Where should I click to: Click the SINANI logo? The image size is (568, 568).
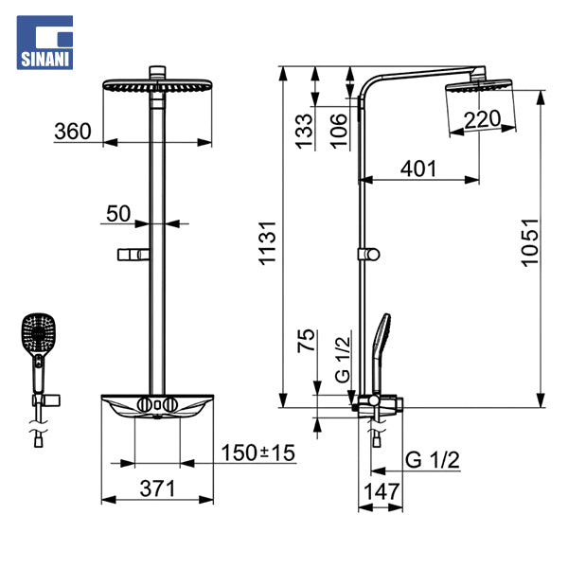(44, 43)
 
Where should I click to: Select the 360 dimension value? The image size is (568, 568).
(73, 132)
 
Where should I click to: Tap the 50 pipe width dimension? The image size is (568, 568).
(118, 213)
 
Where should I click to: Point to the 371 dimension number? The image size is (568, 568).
(157, 488)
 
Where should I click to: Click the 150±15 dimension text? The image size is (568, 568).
(257, 453)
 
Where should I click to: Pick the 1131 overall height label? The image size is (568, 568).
(268, 243)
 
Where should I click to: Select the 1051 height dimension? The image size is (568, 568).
(529, 242)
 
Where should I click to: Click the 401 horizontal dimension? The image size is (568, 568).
(418, 169)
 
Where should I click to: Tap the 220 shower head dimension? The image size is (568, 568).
(482, 119)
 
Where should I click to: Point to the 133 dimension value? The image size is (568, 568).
(304, 132)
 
